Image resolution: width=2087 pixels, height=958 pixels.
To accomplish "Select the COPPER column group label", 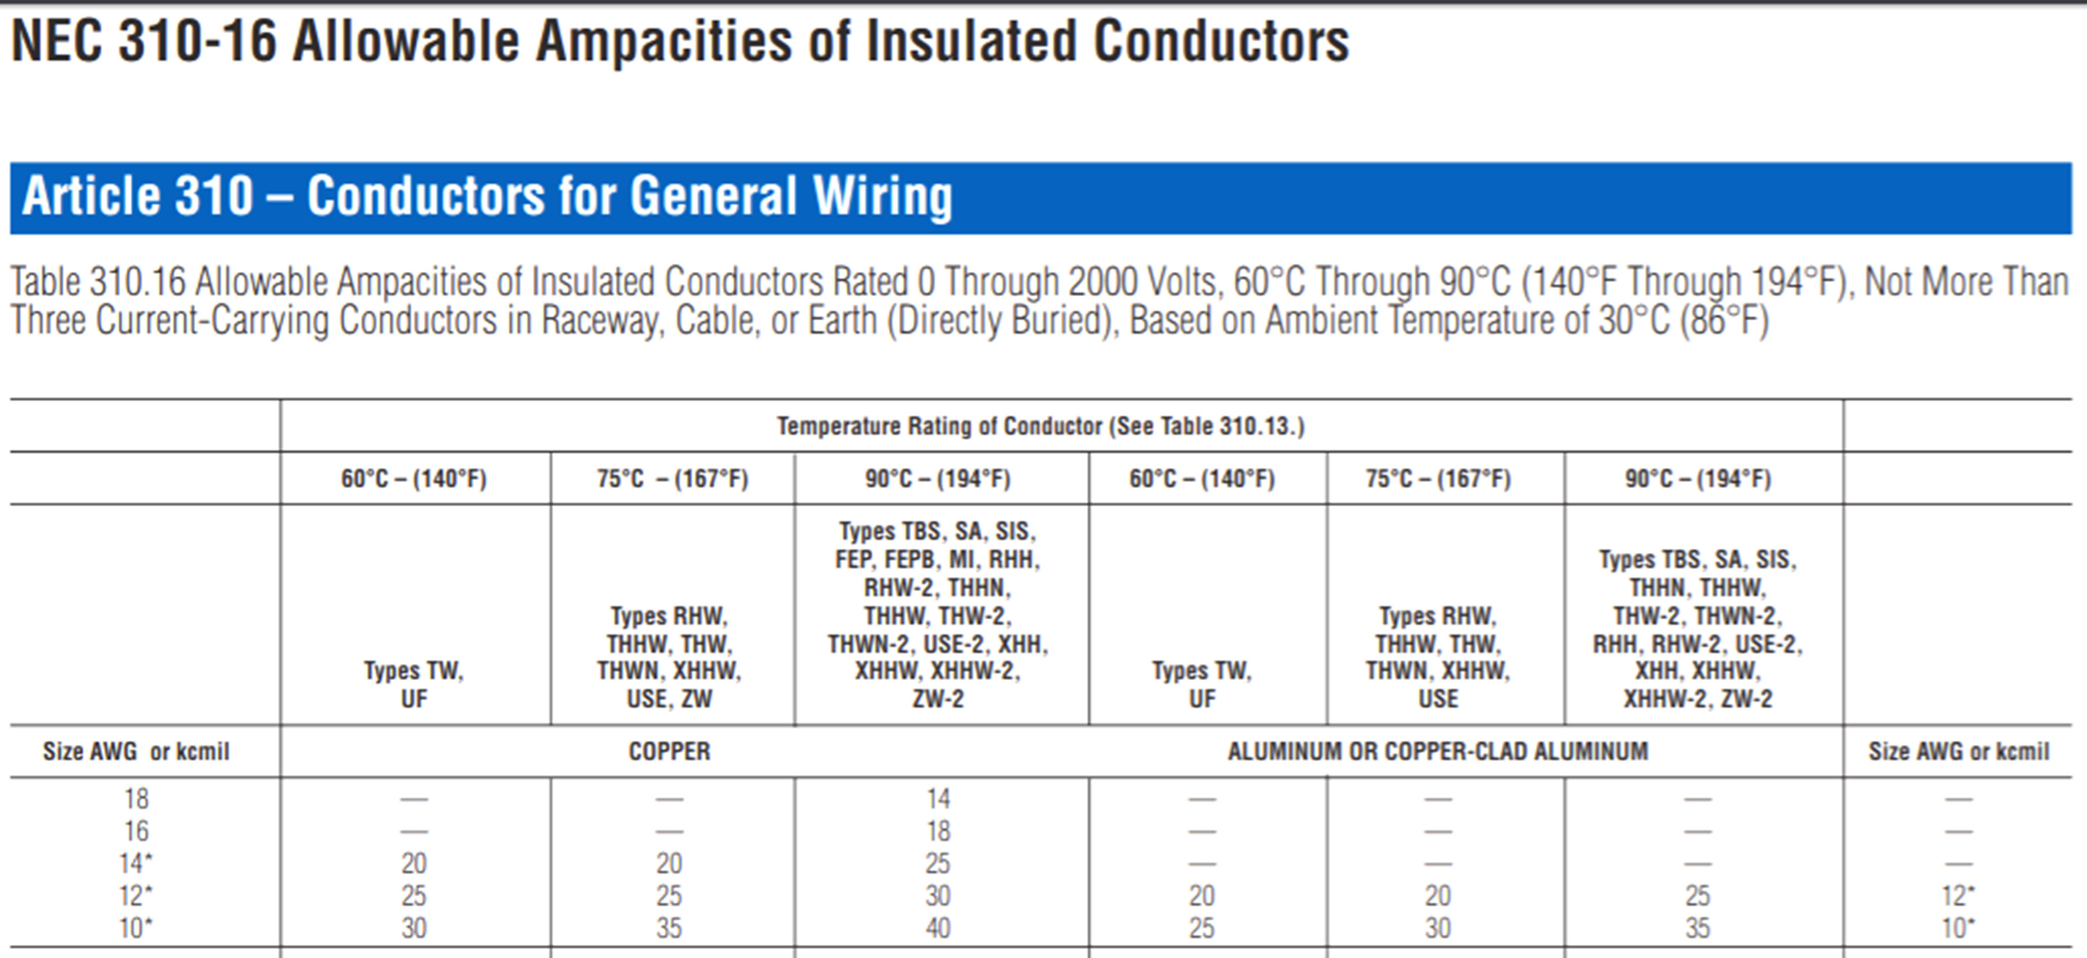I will [x=669, y=751].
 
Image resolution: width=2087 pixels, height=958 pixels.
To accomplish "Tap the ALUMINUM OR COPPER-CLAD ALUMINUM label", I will [x=1437, y=751].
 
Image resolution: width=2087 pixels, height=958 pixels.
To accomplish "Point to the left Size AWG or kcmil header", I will [x=136, y=751].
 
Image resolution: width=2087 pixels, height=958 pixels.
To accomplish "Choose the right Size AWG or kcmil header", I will [x=1958, y=751].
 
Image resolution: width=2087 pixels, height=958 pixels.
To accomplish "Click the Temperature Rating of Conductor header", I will [x=1040, y=426].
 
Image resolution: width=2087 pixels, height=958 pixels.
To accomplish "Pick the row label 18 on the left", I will [x=136, y=799].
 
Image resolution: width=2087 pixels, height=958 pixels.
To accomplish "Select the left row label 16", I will [x=136, y=831].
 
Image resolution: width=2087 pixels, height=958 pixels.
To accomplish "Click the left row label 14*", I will [x=136, y=863].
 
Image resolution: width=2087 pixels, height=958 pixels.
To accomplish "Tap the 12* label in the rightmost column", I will [x=1958, y=896].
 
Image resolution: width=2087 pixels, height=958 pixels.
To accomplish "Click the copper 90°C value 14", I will [x=938, y=799].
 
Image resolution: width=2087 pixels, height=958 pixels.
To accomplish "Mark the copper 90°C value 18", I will [x=938, y=831].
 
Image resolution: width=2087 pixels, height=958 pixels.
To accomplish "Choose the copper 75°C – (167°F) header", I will [x=672, y=478].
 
